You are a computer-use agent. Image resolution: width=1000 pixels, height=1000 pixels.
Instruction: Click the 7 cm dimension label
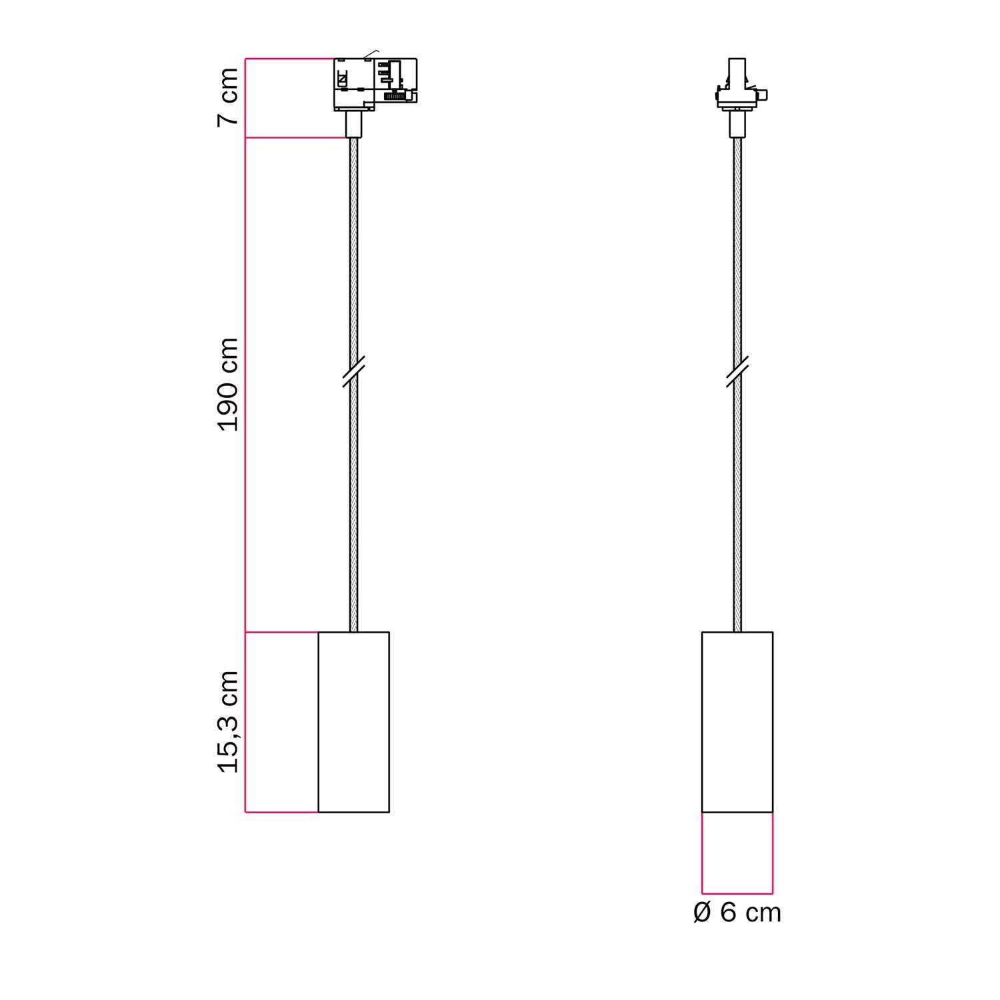tap(228, 97)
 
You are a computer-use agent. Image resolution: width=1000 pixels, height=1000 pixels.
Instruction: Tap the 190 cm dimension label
tap(228, 385)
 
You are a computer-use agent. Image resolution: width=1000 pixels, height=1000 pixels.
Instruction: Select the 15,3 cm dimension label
tap(228, 722)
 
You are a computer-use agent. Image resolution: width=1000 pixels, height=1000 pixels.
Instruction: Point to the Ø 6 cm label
tap(737, 913)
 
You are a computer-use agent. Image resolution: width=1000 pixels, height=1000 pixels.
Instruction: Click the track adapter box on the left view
tap(375, 84)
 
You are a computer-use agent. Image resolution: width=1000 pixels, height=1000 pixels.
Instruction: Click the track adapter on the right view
tap(737, 87)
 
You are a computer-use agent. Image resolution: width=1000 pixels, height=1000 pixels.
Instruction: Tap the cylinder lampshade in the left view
tap(353, 722)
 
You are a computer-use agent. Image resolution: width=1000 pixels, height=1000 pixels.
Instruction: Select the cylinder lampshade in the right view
tap(737, 722)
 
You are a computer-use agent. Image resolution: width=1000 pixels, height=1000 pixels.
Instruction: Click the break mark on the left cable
tap(353, 371)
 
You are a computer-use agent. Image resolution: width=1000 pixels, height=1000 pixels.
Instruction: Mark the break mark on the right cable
tap(737, 371)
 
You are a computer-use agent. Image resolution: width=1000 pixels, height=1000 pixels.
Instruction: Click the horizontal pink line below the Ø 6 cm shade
tap(737, 893)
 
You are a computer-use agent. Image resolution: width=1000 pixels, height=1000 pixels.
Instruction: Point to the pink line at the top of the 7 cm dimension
tap(289, 59)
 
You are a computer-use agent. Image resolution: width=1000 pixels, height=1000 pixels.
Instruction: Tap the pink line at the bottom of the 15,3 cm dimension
tap(281, 813)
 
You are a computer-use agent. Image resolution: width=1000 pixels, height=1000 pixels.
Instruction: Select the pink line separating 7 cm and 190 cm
tap(296, 138)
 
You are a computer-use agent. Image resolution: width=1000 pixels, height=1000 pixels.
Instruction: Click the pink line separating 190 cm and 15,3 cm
tap(281, 632)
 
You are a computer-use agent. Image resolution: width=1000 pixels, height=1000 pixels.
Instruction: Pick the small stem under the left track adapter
tap(353, 125)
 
